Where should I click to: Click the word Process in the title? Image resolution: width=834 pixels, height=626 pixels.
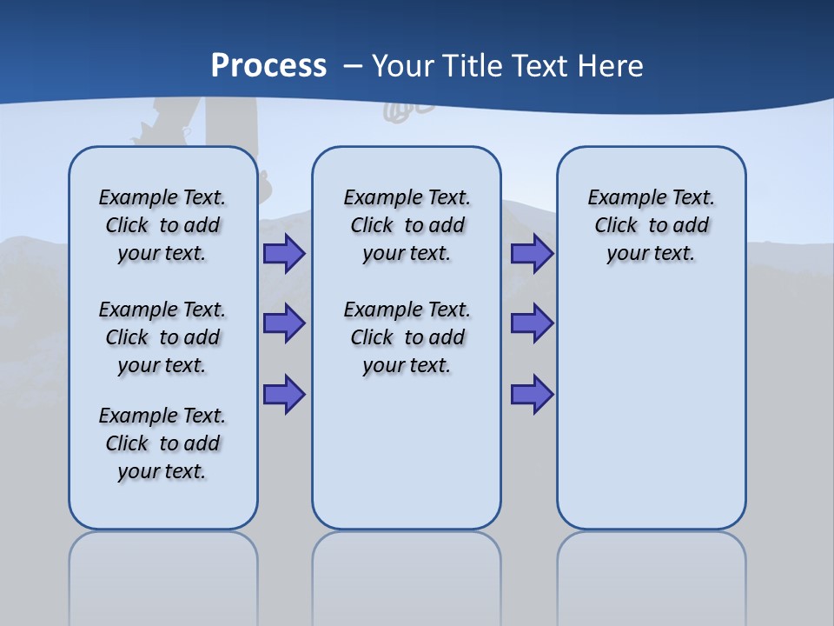click(268, 65)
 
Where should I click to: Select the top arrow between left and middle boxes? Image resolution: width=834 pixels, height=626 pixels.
click(284, 254)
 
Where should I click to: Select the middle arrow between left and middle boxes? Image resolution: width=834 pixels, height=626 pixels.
click(284, 323)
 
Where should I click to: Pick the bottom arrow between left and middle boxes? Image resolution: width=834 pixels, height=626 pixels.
click(284, 394)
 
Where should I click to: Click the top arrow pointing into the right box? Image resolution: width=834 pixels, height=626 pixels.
click(532, 254)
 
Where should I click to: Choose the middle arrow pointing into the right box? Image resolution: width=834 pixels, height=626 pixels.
click(532, 323)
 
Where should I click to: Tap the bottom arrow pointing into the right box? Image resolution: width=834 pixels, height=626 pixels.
click(532, 394)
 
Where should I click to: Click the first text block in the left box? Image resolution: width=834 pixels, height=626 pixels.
click(162, 225)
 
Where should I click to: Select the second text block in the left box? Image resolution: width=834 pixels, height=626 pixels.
click(162, 337)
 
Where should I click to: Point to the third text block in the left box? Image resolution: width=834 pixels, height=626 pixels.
click(162, 443)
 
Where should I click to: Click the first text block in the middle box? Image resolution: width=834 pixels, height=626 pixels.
click(407, 225)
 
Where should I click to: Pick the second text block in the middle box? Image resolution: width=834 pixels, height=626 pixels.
click(407, 337)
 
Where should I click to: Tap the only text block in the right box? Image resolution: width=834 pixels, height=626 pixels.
click(652, 225)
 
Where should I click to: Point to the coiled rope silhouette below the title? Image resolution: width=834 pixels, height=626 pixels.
click(408, 111)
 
